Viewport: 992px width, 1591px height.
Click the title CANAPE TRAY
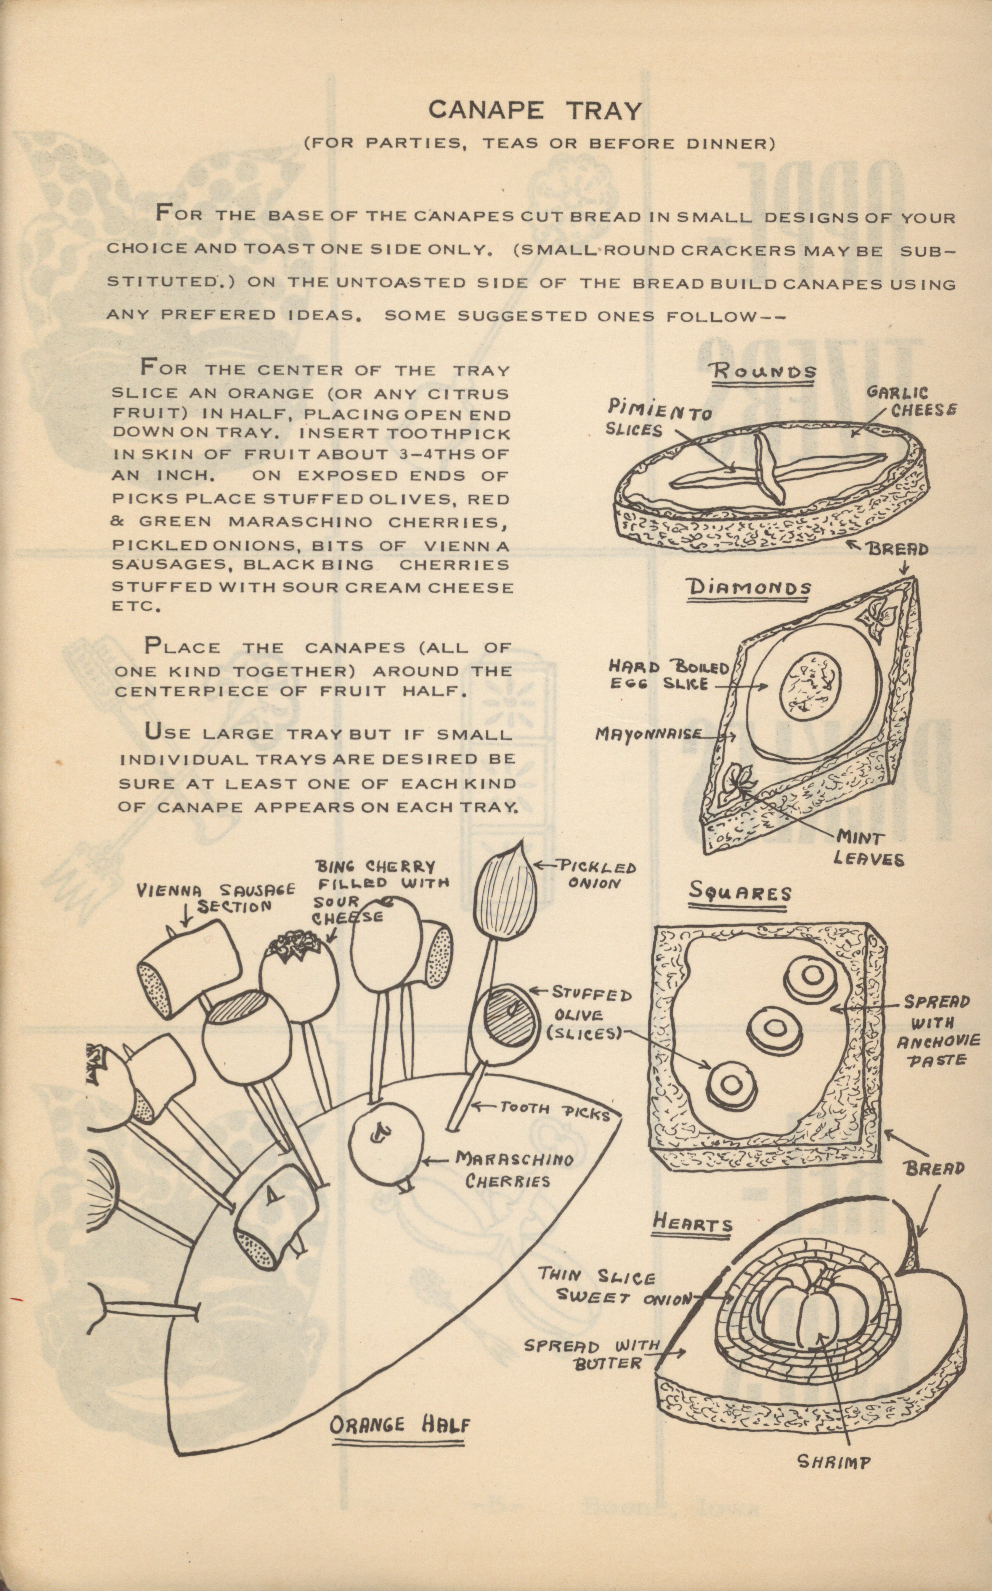(x=535, y=110)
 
